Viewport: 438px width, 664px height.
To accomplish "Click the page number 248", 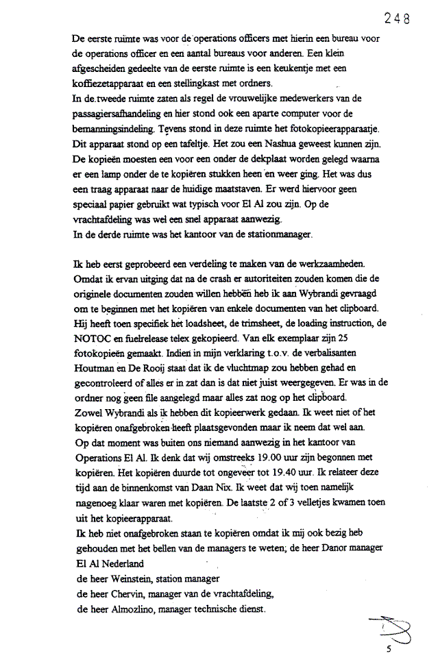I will (x=397, y=19).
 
